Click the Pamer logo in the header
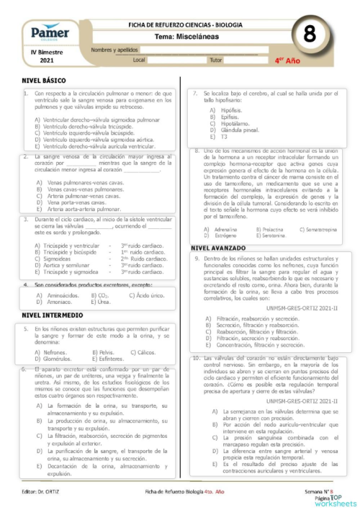(x=50, y=33)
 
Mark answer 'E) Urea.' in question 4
(x=99, y=303)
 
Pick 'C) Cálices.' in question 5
(x=142, y=352)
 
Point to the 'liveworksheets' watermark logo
(x=333, y=502)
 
